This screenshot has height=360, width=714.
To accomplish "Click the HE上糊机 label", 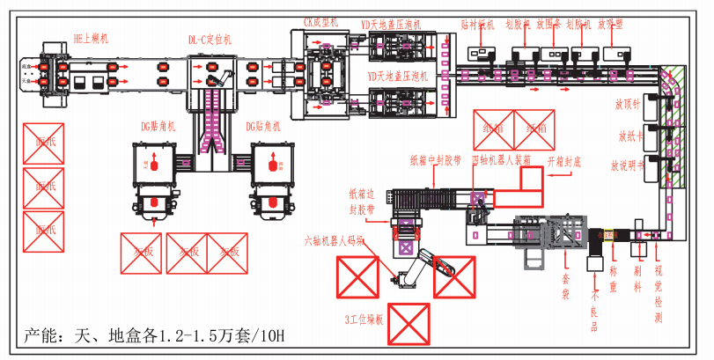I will (91, 39).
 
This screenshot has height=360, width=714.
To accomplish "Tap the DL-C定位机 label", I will (210, 40).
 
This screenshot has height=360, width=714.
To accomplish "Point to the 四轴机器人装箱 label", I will (502, 160).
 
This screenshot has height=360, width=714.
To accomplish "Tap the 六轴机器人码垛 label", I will (334, 239).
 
